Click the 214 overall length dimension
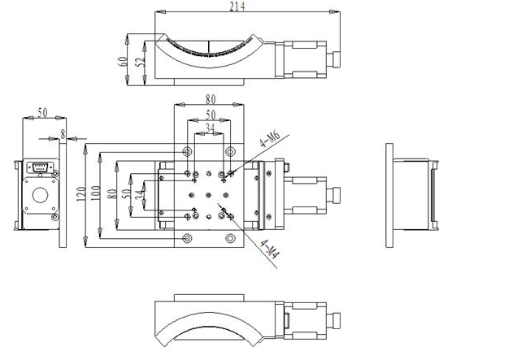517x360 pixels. coord(237,7)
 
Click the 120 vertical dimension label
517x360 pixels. coord(80,195)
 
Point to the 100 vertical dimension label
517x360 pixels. coord(95,195)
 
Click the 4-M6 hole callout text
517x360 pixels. coord(268,145)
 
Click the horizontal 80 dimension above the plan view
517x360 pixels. coord(211,101)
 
